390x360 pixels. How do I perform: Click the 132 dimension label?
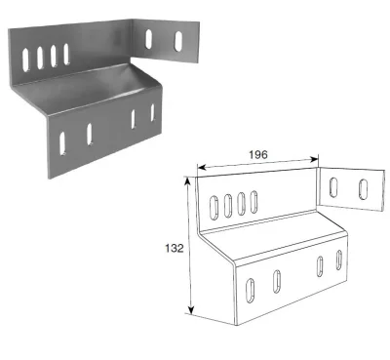174,248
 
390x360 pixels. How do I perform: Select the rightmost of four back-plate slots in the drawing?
253,201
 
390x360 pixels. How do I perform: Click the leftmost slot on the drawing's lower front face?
251,290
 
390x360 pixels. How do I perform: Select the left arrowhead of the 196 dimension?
199,168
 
